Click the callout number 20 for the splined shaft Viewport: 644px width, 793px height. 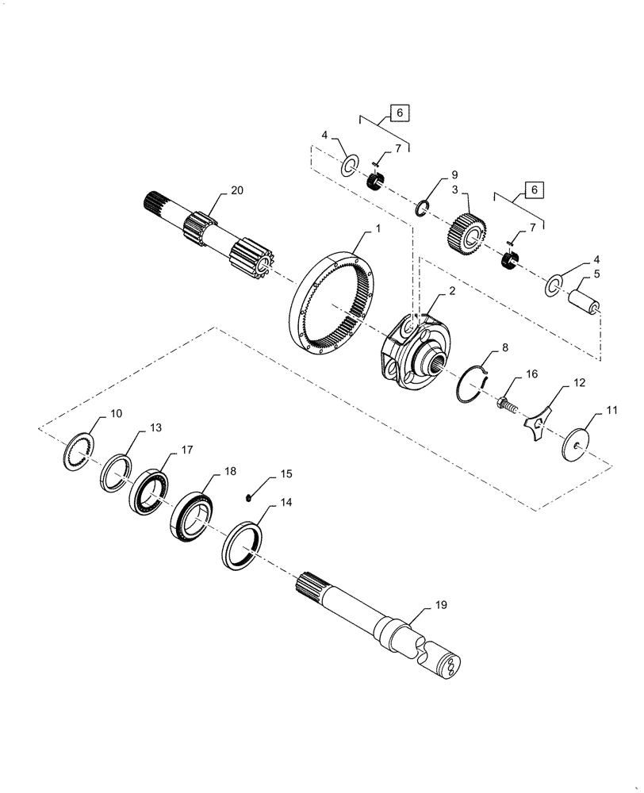[236, 190]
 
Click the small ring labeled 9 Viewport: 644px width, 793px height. [424, 209]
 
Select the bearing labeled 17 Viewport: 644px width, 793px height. [151, 491]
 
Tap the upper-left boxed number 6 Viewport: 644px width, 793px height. [399, 113]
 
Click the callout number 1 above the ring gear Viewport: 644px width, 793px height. [378, 228]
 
